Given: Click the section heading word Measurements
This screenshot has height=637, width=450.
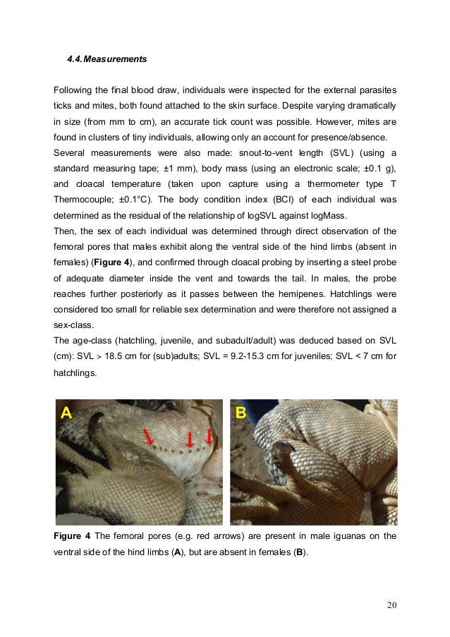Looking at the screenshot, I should (x=116, y=59).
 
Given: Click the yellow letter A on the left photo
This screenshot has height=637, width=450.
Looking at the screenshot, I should (x=66, y=413).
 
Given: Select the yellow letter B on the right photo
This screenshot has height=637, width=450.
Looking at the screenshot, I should (x=241, y=413).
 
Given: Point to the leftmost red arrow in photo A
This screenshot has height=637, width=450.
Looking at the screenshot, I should (x=150, y=437).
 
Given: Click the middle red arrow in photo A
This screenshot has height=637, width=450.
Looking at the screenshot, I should (x=188, y=439).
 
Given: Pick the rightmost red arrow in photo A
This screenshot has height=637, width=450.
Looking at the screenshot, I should (x=209, y=437).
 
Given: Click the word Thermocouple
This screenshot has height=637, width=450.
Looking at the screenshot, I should (x=83, y=198).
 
